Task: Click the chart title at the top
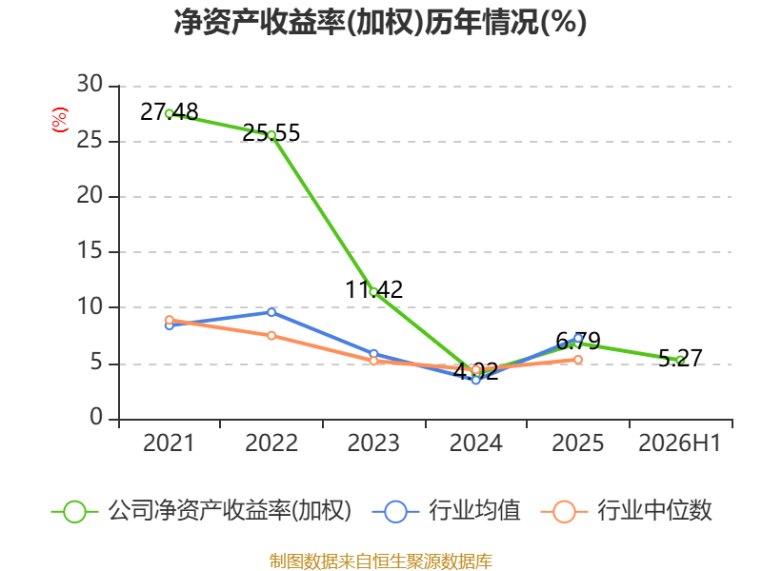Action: [380, 22]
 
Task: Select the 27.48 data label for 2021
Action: [170, 112]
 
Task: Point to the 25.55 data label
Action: [271, 133]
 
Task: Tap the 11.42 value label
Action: [373, 290]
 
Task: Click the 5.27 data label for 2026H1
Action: [680, 359]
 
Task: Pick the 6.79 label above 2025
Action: [578, 342]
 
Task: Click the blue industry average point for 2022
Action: [271, 312]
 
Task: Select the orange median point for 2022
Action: [271, 336]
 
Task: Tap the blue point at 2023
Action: [373, 353]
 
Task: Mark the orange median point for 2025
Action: [578, 360]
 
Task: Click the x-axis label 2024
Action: [475, 443]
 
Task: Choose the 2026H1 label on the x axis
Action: [680, 443]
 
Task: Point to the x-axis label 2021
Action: [169, 443]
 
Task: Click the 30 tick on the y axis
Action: [90, 84]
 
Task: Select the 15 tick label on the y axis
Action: [90, 250]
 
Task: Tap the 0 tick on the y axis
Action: [96, 417]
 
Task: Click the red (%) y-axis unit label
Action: [59, 120]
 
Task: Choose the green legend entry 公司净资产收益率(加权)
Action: [201, 511]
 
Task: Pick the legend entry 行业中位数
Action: [627, 511]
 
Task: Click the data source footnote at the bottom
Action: [381, 561]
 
